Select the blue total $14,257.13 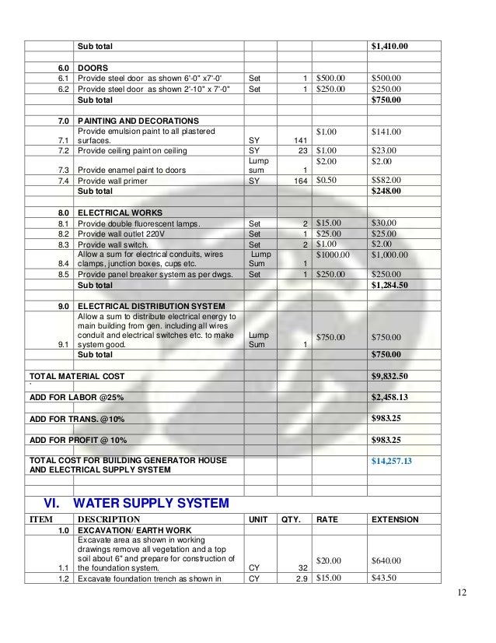pos(392,461)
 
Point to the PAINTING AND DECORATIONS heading pos(138,121)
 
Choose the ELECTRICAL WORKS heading pos(120,213)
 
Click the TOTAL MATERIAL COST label pos(76,376)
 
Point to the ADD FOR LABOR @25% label pos(76,397)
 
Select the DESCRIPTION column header pos(109,519)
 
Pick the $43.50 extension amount pos(385,578)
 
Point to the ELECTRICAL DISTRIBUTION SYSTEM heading pos(152,306)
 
